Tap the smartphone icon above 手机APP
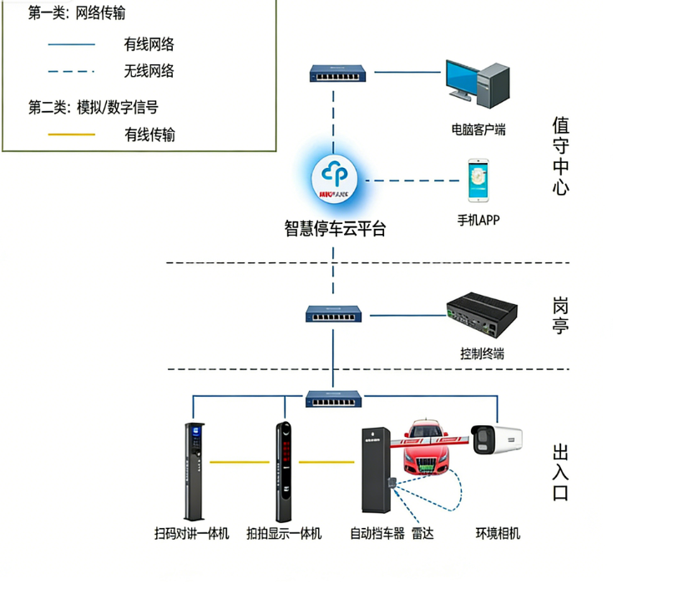coord(478,181)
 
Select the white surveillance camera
coord(496,439)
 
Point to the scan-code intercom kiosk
coord(193,469)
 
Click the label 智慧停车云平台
coord(336,228)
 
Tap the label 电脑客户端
coord(478,129)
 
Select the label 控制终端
coord(482,353)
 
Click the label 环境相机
coord(498,533)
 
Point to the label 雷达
coord(422,533)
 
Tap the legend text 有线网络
coord(149,44)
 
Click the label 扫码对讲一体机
coord(192,533)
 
